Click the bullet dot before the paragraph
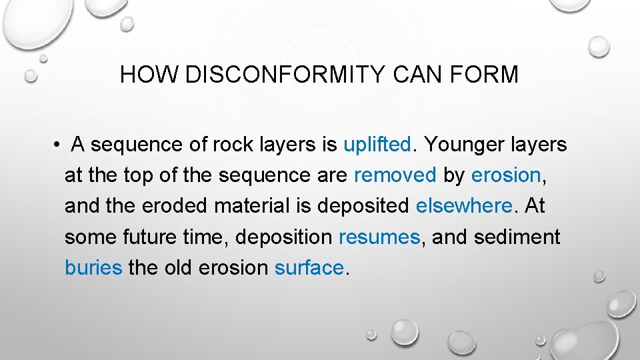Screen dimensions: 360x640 click(x=59, y=145)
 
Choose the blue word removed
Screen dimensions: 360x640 click(x=395, y=175)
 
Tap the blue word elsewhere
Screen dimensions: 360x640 click(x=464, y=206)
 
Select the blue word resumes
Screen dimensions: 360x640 click(x=379, y=237)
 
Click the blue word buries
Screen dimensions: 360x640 click(x=93, y=267)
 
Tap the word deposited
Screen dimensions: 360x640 click(x=363, y=206)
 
